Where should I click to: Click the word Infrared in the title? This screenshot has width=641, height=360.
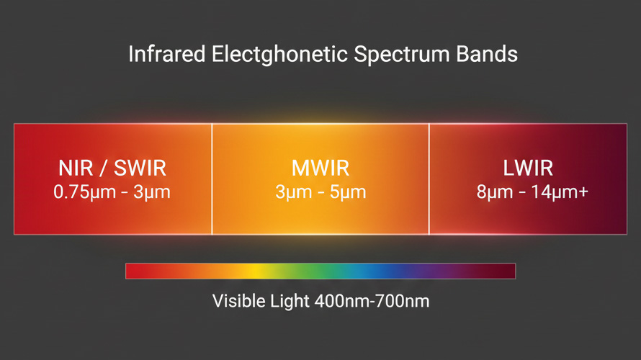[167, 54]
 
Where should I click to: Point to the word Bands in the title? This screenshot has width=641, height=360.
[487, 54]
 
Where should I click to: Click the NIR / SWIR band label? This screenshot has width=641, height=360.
[112, 168]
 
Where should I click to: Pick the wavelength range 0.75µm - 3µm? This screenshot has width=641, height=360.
[112, 192]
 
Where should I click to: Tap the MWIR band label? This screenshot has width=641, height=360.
[320, 168]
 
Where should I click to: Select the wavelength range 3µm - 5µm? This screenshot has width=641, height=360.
[320, 192]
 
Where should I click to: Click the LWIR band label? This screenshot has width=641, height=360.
[528, 168]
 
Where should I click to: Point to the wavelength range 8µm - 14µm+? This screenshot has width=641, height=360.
[532, 192]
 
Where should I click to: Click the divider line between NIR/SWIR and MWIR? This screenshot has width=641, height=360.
[212, 179]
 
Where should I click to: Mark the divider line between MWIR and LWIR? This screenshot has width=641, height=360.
[429, 179]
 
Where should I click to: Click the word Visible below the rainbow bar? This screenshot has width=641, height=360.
[239, 301]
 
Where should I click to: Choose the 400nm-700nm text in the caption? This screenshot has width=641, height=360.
[372, 301]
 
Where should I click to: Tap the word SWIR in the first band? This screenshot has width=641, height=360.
[140, 168]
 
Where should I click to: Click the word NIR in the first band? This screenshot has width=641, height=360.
[76, 168]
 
